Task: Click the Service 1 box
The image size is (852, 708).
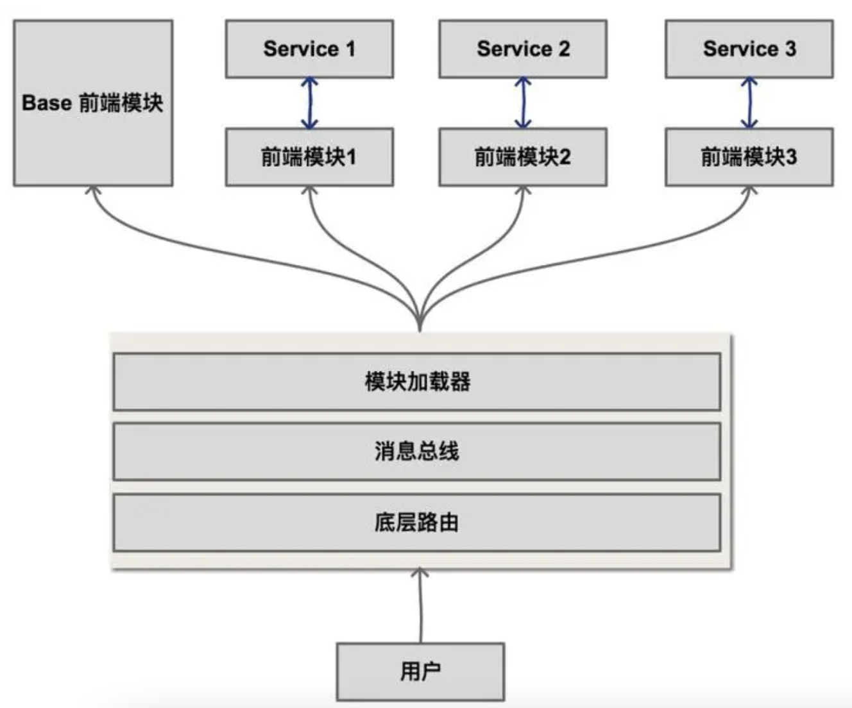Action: (309, 49)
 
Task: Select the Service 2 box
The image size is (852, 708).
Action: (523, 49)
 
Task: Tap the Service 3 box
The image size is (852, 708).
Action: (749, 49)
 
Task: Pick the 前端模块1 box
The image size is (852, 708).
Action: (309, 157)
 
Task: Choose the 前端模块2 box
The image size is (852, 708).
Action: (523, 157)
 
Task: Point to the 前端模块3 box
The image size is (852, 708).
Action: (749, 157)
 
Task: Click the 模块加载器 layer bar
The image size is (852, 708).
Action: (417, 382)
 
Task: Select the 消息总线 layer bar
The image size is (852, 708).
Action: (417, 451)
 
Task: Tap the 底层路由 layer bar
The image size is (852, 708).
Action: (417, 522)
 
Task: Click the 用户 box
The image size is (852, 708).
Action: (420, 671)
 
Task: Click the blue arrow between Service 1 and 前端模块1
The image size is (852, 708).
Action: (310, 103)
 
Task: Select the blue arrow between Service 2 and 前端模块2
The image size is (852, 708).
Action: (523, 103)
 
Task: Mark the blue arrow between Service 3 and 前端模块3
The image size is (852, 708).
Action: (749, 103)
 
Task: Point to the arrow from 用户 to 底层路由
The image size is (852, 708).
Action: (421, 606)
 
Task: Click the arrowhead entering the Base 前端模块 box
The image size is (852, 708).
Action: (94, 190)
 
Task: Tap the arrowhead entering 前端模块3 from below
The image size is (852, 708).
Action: (749, 190)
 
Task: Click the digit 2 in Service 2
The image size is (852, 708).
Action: (563, 49)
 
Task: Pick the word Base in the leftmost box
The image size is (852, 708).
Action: (46, 103)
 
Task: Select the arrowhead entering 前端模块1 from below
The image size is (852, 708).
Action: (310, 190)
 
